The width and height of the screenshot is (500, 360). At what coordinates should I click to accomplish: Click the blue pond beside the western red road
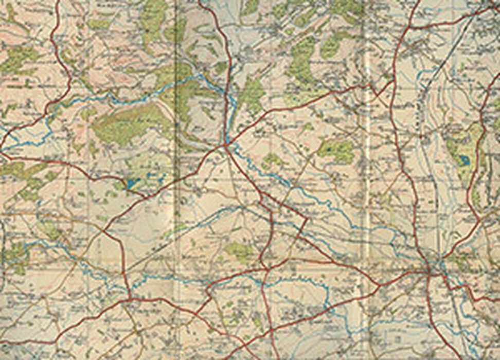tap(132, 183)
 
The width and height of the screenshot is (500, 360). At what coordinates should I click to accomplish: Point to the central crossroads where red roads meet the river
tap(226, 147)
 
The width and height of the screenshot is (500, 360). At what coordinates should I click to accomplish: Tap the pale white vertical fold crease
tap(367, 206)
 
